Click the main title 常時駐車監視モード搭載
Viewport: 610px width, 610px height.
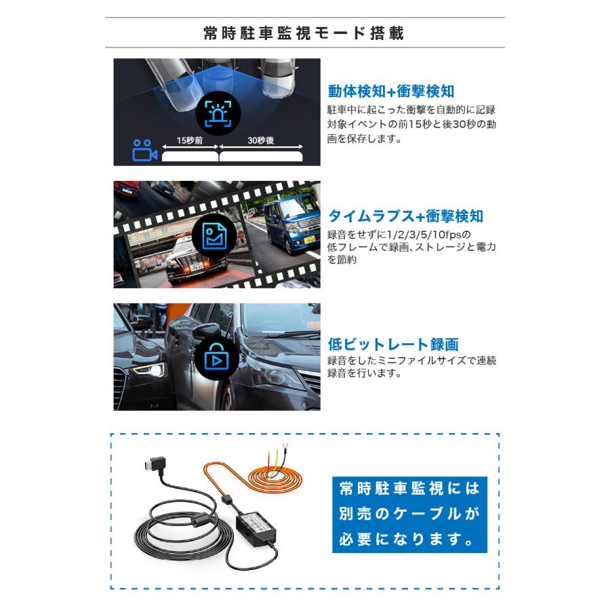tap(304, 33)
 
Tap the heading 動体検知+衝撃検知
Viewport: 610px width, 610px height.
tap(391, 91)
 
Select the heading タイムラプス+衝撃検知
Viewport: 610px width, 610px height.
tap(405, 216)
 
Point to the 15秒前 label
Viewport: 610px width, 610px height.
tap(189, 141)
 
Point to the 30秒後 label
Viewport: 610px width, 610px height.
tap(261, 141)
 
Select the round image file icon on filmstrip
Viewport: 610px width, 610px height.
tap(217, 235)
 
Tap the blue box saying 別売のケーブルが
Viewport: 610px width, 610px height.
tap(409, 514)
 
